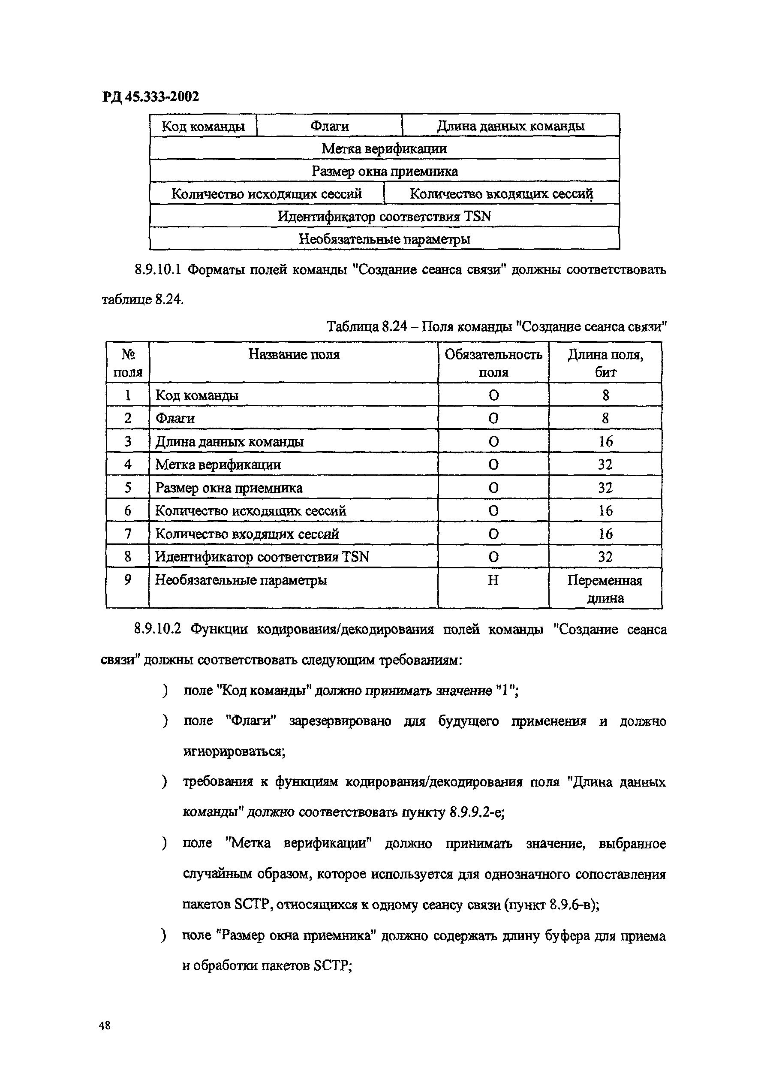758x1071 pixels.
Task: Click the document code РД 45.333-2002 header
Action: coord(150,97)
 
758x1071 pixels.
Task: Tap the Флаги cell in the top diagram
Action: coord(330,126)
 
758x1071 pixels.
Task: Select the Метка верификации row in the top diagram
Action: coord(384,148)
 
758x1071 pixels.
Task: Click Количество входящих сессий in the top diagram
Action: coord(501,194)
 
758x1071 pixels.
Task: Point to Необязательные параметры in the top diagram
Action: coord(384,239)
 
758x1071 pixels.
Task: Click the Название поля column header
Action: coord(294,354)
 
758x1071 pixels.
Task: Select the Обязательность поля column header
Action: coord(493,363)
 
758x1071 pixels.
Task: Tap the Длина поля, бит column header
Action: coord(605,363)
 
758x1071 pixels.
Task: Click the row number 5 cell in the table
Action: coord(128,487)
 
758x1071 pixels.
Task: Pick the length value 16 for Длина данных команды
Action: coord(605,441)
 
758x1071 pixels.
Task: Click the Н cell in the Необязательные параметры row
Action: coord(493,580)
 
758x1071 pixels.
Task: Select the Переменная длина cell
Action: coord(605,589)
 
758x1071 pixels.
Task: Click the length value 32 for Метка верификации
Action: coord(605,465)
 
